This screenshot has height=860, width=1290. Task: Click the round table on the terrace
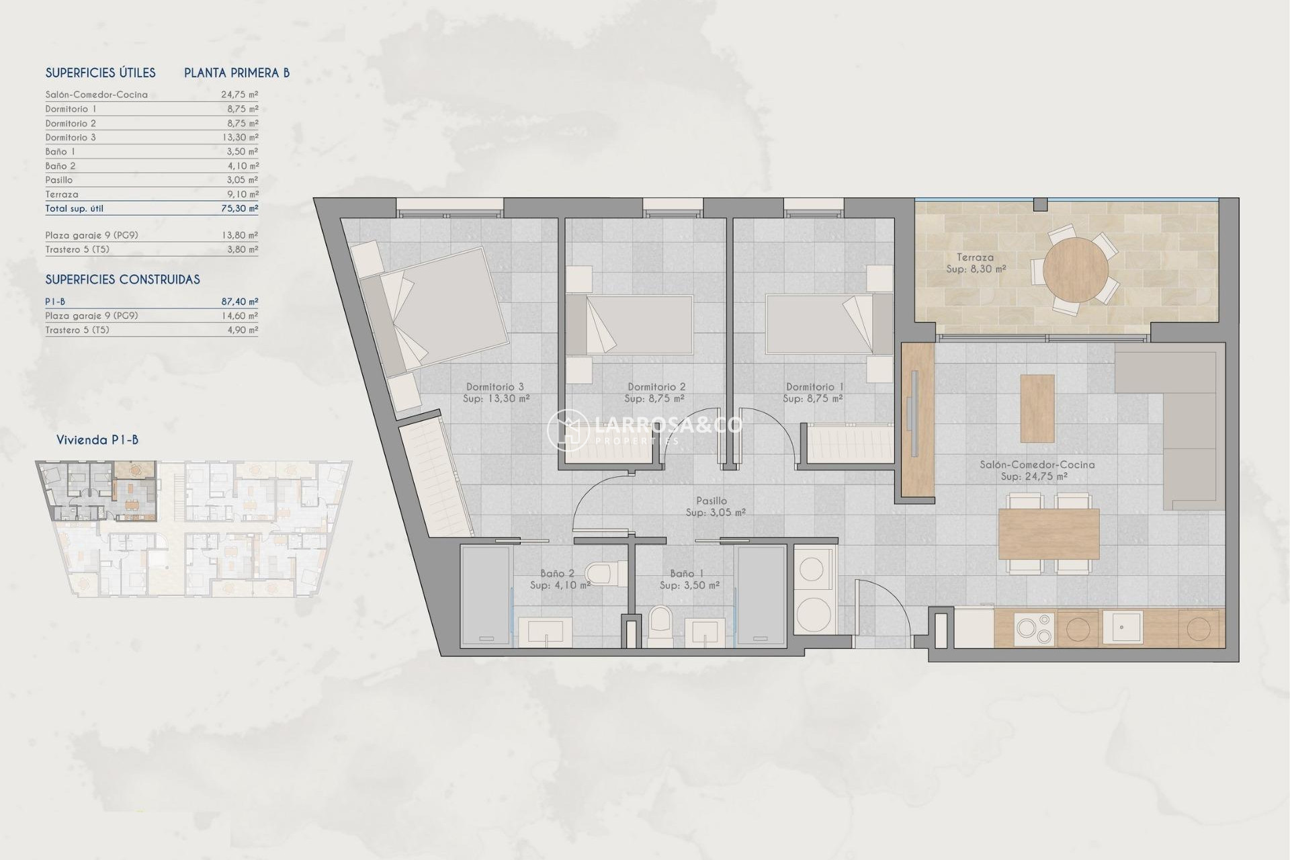click(x=1076, y=269)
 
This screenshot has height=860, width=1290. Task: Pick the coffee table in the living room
click(x=1037, y=408)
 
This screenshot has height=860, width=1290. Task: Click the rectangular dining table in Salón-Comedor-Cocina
click(x=1048, y=534)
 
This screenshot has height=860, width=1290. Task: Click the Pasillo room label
click(x=712, y=501)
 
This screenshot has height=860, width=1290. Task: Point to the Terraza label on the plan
click(x=975, y=257)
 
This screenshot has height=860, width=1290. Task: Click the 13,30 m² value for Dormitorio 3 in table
click(x=239, y=137)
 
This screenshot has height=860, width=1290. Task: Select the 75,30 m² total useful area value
click(x=239, y=208)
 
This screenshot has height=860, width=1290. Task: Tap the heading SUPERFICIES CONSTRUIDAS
click(x=122, y=279)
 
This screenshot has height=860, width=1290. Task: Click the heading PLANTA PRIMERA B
click(x=236, y=73)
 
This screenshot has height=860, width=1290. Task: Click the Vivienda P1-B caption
click(x=97, y=440)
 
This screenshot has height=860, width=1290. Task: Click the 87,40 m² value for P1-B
click(x=239, y=302)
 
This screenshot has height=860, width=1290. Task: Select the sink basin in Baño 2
click(x=545, y=632)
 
